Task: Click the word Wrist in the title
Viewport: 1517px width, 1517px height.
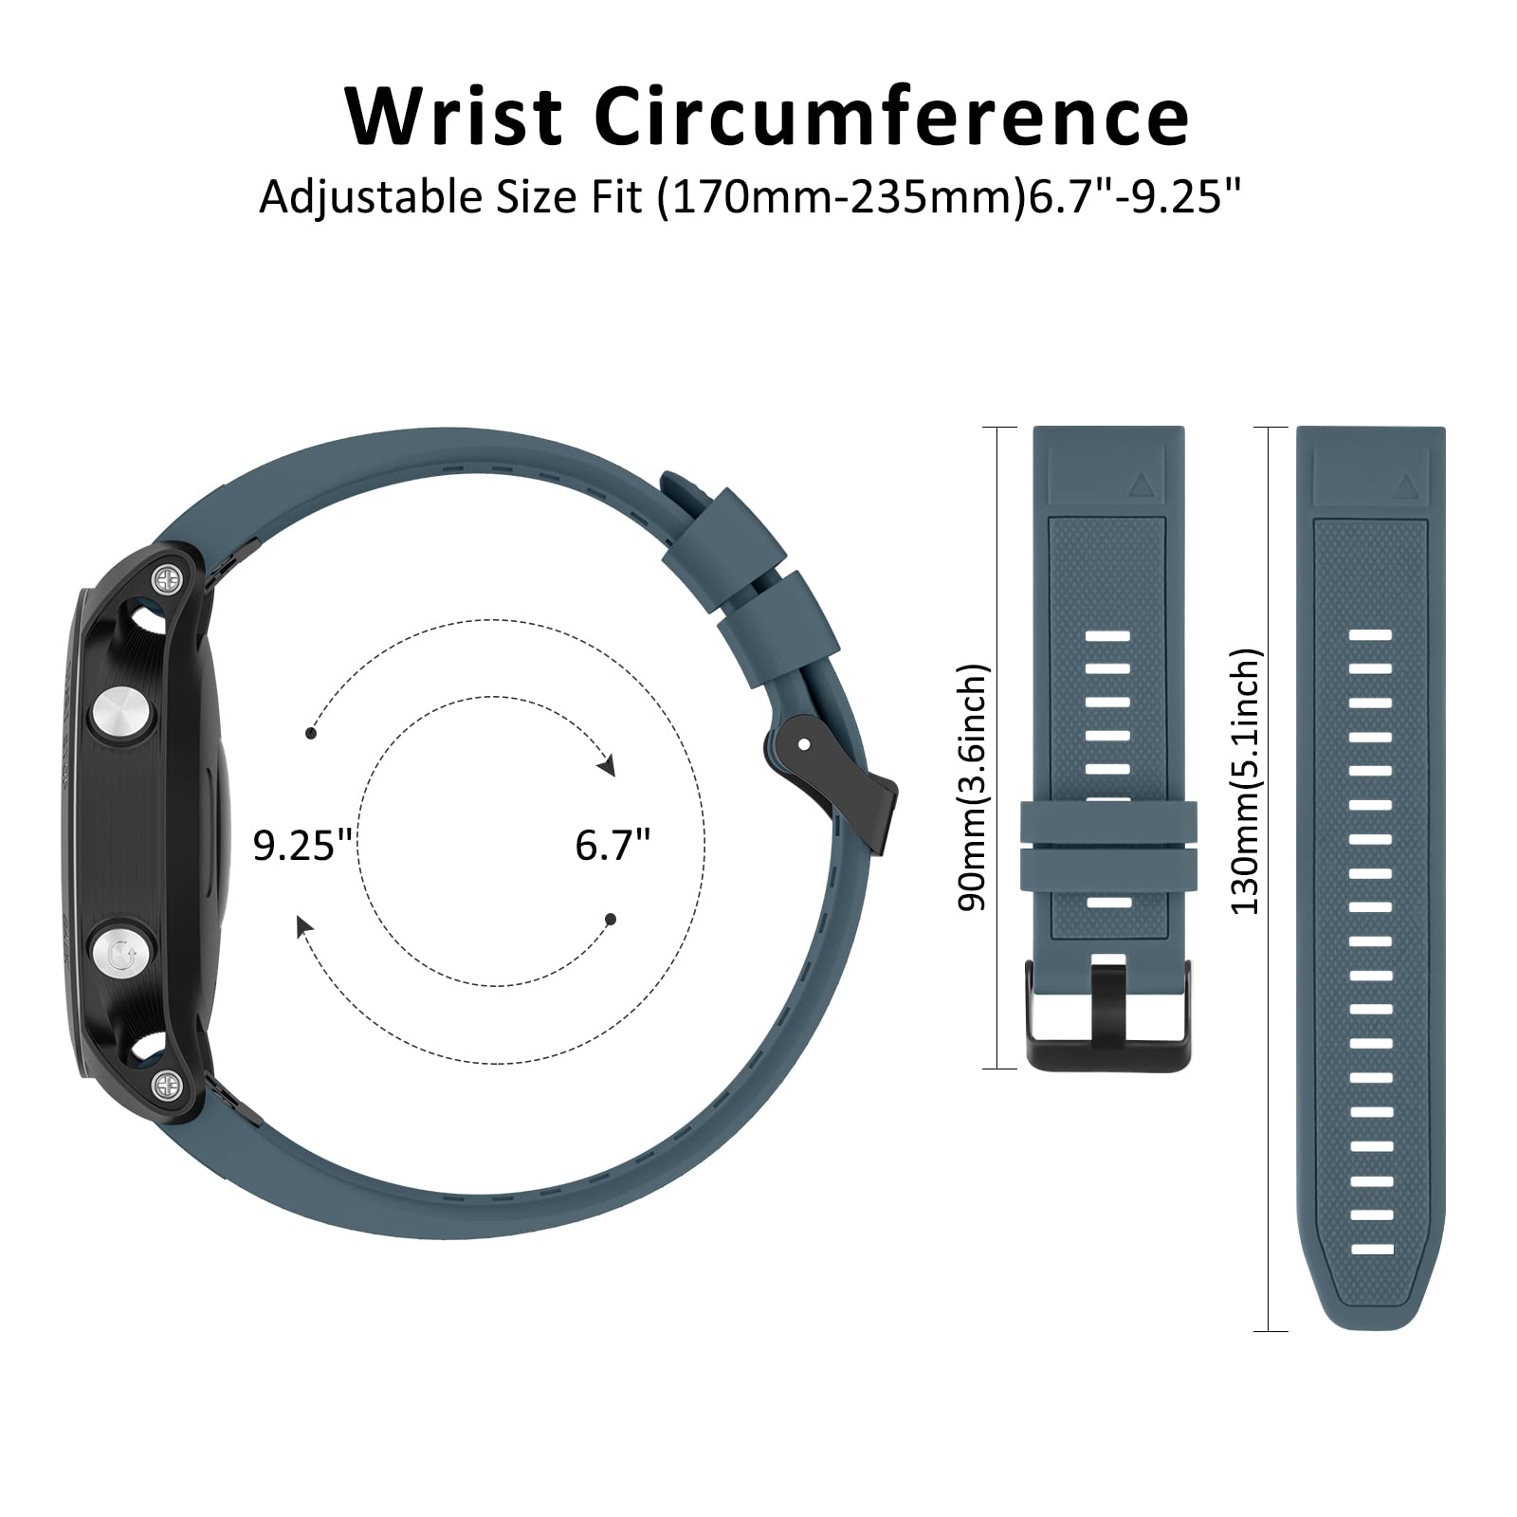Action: (454, 116)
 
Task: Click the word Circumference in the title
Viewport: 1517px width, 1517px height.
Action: (891, 116)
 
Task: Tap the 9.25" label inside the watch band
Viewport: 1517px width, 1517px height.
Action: (302, 844)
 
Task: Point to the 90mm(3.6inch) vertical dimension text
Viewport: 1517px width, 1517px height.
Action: (973, 787)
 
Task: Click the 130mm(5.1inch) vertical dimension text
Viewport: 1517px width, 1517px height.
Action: (1245, 781)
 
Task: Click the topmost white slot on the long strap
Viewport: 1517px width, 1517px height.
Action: (1371, 634)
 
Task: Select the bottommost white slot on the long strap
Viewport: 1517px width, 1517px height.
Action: (1371, 1248)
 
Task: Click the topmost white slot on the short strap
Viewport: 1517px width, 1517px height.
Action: (1107, 634)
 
